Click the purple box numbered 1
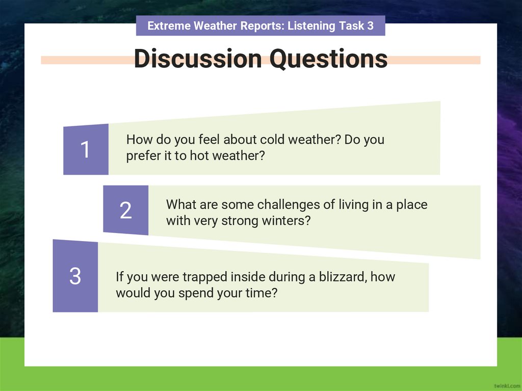tap(86, 149)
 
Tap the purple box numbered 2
tap(125, 210)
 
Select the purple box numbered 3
tap(75, 276)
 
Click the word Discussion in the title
tap(198, 59)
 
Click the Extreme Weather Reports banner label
tap(260, 25)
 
